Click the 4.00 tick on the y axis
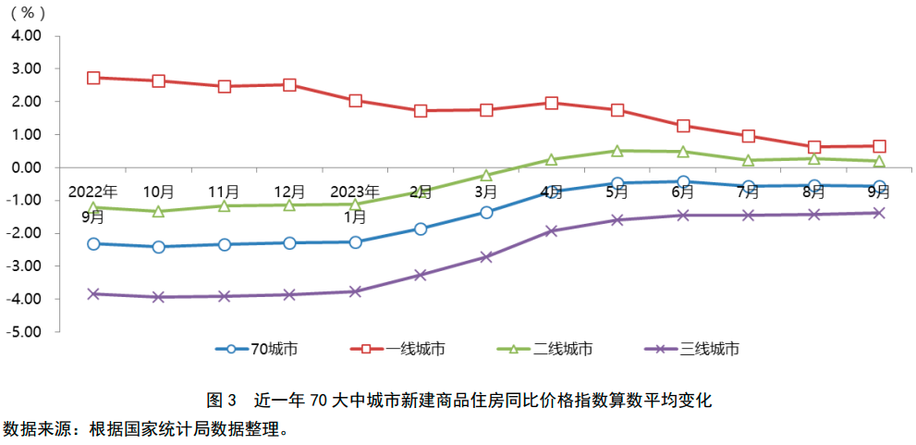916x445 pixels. point(27,35)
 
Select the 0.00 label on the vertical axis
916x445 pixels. point(27,167)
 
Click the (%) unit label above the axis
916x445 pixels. point(27,13)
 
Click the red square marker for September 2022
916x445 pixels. point(93,78)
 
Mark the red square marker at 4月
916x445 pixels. point(552,103)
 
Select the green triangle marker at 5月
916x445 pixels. point(617,151)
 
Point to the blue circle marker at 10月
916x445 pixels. point(159,247)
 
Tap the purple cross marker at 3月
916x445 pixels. point(486,256)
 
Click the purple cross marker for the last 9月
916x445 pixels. point(879,213)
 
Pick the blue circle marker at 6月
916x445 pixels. point(683,182)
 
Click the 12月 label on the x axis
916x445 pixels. point(289,192)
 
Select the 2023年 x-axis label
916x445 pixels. point(355,192)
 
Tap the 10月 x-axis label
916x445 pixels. point(159,192)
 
